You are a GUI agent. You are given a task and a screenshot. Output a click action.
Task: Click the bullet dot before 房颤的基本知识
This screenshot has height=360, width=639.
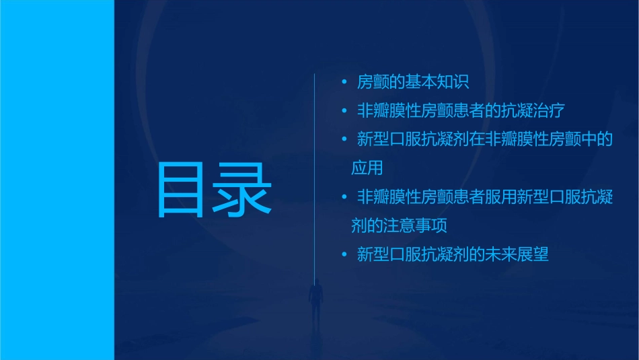[x=344, y=83]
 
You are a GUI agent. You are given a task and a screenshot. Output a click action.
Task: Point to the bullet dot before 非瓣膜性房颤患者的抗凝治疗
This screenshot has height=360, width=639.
[x=344, y=111]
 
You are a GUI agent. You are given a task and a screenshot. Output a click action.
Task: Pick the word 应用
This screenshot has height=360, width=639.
[x=367, y=168]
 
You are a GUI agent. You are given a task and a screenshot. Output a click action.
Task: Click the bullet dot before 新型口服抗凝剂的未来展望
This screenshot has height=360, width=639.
[x=344, y=254]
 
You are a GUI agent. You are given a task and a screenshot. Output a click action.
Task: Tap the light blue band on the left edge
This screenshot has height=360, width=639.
[x=57, y=180]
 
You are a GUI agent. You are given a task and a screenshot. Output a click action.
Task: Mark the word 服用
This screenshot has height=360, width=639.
[x=500, y=197]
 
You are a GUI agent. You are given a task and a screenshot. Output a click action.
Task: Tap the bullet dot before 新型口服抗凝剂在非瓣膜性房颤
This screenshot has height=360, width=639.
[x=344, y=140]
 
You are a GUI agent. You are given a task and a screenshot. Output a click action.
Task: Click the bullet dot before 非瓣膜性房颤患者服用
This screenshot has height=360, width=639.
[x=344, y=197]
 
